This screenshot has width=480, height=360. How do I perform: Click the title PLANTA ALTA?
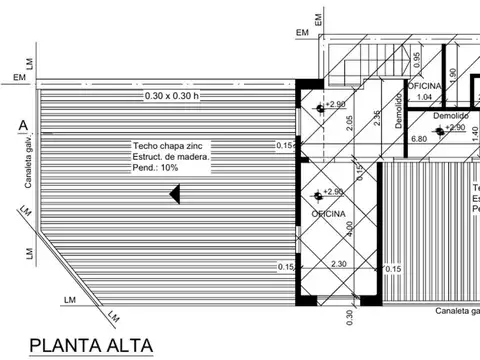92,346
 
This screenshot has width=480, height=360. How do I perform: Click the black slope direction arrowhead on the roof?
174,193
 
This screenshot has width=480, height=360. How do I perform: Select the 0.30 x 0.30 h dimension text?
173,95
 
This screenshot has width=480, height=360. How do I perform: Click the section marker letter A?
22,125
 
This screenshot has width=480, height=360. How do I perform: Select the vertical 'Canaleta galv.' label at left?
29,165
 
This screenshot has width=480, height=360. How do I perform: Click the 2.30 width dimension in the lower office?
340,264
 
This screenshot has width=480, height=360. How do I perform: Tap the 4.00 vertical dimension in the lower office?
349,228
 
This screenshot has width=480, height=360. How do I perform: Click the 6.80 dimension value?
419,138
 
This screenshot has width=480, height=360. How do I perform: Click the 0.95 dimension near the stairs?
417,58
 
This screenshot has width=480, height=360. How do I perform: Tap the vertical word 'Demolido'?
398,105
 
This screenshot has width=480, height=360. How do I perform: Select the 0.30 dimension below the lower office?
350,317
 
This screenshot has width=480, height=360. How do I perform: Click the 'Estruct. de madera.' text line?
171,157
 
